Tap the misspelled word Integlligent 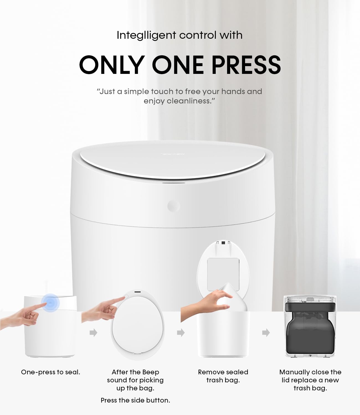pos(146,35)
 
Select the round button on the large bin pos(173,206)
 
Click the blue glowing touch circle pos(50,303)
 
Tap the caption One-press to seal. pos(51,372)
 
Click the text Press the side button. pos(135,400)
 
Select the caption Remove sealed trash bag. pos(223,376)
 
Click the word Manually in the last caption pos(294,372)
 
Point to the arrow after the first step pos(94,333)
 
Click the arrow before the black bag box pos(266,333)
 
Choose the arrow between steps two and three pos(181,333)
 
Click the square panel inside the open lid pos(223,273)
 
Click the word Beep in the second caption pos(151,372)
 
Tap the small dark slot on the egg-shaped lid pos(137,292)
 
